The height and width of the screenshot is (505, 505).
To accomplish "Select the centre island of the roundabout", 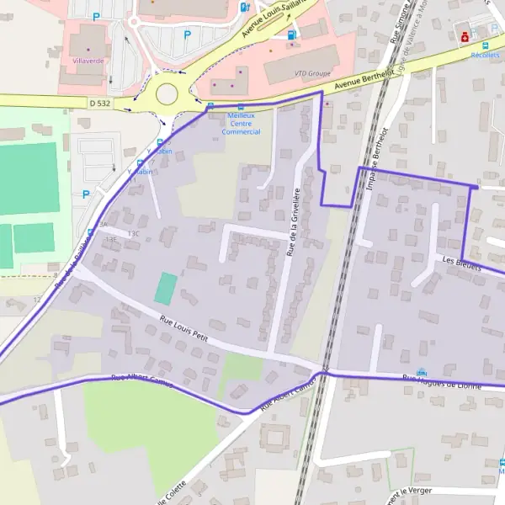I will [164, 92].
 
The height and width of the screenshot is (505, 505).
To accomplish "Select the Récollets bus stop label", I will [485, 55].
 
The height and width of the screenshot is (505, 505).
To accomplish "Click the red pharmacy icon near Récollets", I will [464, 36].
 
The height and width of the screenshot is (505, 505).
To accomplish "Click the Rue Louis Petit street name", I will [184, 327].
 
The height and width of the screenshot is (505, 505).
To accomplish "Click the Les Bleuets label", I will [460, 265].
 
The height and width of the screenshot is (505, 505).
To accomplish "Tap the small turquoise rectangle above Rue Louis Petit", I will [166, 289].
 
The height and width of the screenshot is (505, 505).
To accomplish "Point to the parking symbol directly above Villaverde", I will [96, 16].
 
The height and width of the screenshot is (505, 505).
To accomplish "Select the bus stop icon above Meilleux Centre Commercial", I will [242, 108].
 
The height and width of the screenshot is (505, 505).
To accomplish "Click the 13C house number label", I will [131, 232].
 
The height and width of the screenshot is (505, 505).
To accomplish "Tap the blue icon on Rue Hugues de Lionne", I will [422, 373].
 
